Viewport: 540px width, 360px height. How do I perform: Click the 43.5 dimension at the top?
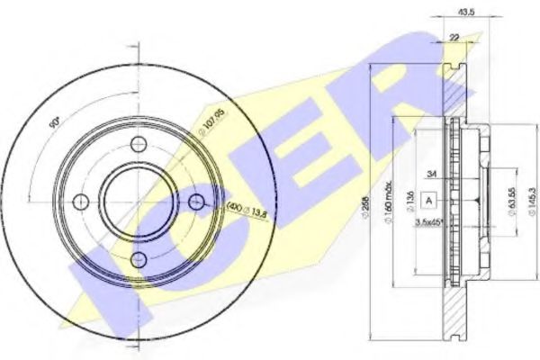(x=466, y=13)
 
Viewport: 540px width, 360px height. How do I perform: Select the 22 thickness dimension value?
(x=456, y=36)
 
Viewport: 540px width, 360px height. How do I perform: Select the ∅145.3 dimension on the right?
(x=533, y=200)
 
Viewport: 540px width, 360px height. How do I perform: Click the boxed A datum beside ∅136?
(x=430, y=200)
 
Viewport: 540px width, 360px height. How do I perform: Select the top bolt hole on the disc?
(x=137, y=144)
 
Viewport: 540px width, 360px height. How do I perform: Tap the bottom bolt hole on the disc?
(x=137, y=259)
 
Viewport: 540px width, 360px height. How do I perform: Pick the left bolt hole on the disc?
(x=79, y=202)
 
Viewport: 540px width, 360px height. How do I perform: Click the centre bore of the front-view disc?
(x=137, y=202)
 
